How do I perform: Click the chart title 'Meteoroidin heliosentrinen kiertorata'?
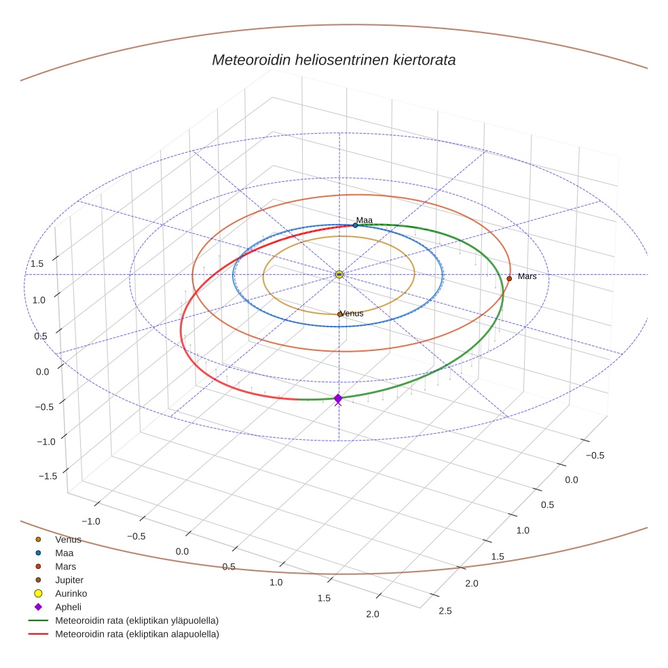(x=333, y=60)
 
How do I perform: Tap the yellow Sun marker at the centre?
(x=339, y=274)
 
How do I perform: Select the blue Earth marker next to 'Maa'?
(x=355, y=225)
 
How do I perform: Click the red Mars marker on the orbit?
(x=509, y=278)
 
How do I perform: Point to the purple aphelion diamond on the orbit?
(x=338, y=398)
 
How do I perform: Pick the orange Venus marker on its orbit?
(x=339, y=314)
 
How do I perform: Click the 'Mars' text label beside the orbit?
(x=527, y=276)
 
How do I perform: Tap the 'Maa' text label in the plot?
(x=365, y=220)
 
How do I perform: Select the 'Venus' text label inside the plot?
(x=352, y=314)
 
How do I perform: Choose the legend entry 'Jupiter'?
(x=69, y=580)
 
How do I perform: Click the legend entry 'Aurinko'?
(x=71, y=593)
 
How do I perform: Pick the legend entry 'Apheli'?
(x=68, y=607)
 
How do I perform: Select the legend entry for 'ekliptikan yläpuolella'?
(x=136, y=620)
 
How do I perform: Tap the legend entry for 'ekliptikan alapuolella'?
(x=136, y=634)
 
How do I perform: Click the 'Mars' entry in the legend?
(x=65, y=566)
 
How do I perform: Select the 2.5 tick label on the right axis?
(x=445, y=610)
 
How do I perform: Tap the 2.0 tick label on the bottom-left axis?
(x=372, y=614)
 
